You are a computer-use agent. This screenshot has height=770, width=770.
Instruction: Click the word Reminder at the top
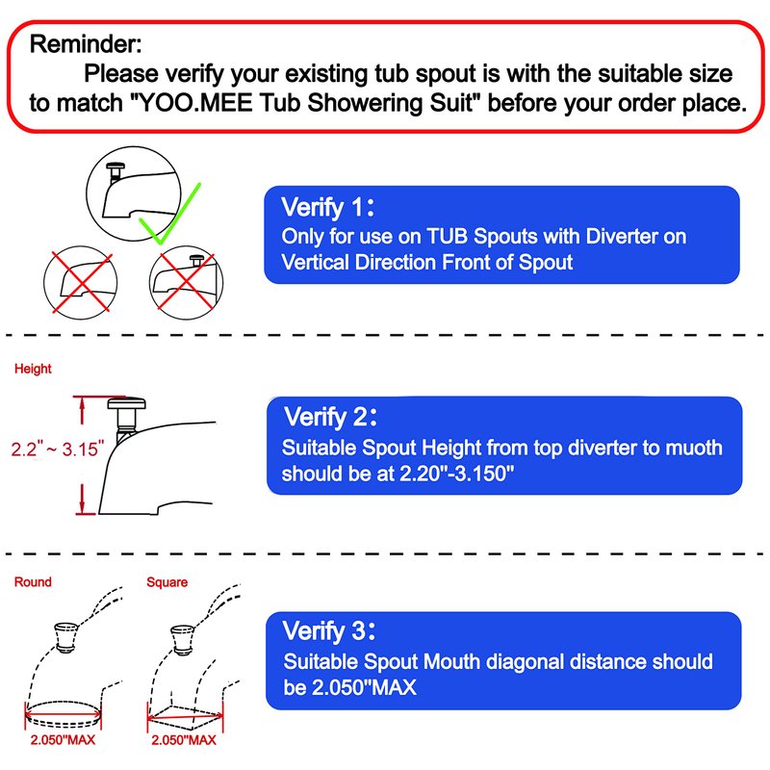coord(86,44)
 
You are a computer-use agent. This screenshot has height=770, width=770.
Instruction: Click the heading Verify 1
coord(328,207)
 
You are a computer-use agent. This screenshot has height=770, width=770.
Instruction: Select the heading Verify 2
coord(330,417)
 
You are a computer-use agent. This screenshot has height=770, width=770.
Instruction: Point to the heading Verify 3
coord(329,630)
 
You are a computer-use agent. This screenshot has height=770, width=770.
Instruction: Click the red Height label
coord(33,369)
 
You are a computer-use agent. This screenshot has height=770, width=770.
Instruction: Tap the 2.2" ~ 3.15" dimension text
coord(58,449)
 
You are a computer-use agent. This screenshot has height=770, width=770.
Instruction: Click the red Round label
coord(33,582)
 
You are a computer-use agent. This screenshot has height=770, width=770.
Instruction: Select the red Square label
coord(167,582)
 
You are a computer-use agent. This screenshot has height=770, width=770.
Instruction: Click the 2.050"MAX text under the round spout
coord(63,739)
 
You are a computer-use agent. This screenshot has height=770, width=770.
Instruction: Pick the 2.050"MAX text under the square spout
coord(184,739)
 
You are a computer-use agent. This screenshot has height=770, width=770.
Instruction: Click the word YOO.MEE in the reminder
coord(196,103)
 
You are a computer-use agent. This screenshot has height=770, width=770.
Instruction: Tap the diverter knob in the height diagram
coord(126,412)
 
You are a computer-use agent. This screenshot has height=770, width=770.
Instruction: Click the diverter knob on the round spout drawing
coord(65,637)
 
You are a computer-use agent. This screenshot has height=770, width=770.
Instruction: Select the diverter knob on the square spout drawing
coord(183,640)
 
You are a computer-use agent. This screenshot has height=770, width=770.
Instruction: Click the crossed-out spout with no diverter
coord(81,282)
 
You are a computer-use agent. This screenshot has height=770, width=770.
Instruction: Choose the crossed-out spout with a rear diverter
coord(186,282)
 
